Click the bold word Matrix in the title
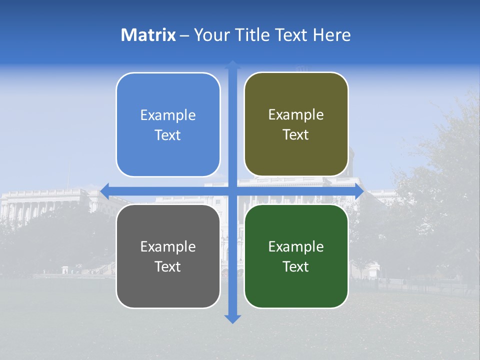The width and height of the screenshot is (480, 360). pos(148,35)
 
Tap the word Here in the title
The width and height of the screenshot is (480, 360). pos(332,35)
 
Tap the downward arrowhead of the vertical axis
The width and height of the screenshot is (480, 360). pos(232,318)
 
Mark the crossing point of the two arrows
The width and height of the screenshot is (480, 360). pos(232,191)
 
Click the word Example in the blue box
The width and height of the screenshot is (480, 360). pos(168,115)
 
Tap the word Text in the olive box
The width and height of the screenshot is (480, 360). pos(296,135)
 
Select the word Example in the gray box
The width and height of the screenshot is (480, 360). pos(168,247)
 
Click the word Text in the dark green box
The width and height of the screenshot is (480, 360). pos(296,266)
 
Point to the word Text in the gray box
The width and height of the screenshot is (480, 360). pos(168,266)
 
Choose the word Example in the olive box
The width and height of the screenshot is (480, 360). pos(296,115)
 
